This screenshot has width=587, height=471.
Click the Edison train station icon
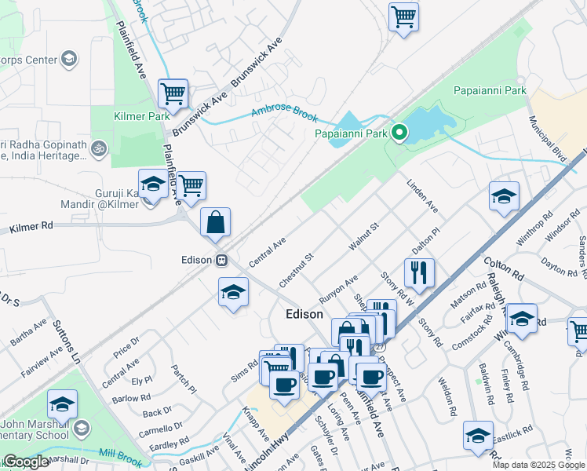point(223,260)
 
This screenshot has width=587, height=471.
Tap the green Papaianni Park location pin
point(399,133)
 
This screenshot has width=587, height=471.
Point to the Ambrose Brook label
point(284,114)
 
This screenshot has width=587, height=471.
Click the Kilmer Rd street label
point(31,228)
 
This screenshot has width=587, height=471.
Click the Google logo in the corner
point(25,462)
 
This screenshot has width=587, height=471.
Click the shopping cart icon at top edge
point(403,16)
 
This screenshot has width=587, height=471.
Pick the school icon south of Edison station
point(232,294)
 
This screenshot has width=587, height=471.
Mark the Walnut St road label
point(363,236)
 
